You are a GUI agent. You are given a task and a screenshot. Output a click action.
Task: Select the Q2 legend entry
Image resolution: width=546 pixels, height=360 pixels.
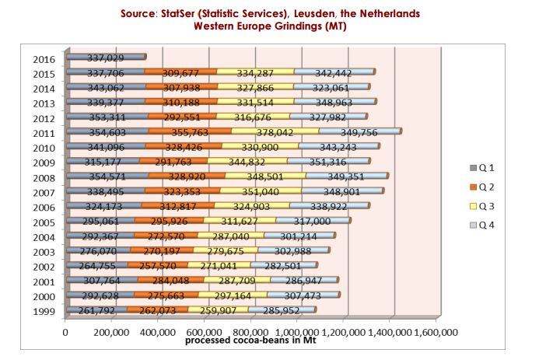[x=485, y=187]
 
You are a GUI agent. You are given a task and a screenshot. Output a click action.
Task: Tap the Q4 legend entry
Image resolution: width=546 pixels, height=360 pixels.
[x=485, y=225]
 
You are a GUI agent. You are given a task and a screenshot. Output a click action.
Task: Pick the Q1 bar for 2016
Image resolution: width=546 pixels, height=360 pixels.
[x=105, y=57]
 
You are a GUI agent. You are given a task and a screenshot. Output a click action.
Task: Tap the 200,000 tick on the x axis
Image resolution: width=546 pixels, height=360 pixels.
[x=111, y=333]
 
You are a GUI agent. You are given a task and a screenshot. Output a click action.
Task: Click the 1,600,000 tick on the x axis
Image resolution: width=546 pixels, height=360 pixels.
[x=436, y=333]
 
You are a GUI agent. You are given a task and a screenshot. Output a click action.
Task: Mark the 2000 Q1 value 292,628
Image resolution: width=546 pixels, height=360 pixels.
[x=99, y=296]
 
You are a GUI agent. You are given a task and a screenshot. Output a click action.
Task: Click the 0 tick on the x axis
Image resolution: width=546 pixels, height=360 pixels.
[x=65, y=333]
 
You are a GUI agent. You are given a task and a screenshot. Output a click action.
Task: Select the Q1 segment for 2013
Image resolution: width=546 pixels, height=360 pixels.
[x=105, y=103]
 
